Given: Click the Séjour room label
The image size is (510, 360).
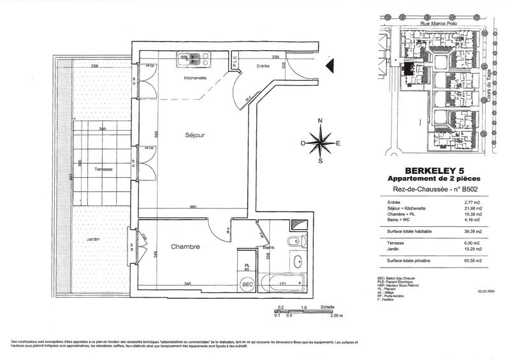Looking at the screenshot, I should point(194,136).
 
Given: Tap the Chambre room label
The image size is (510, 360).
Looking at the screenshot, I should point(186,247).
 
